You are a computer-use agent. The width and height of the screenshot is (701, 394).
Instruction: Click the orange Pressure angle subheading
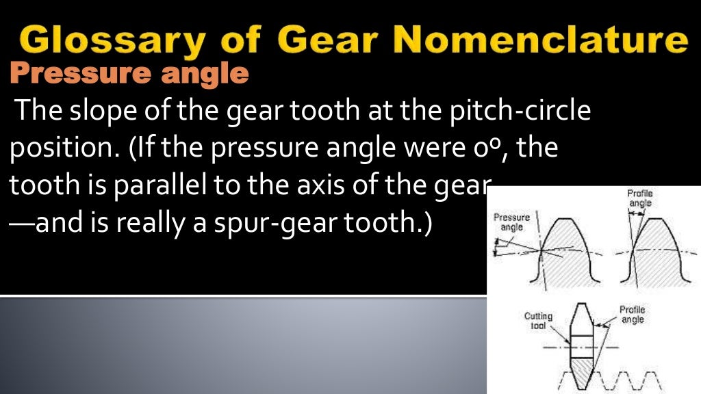coord(129,73)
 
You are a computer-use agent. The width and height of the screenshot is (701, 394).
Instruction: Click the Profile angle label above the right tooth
coord(640,198)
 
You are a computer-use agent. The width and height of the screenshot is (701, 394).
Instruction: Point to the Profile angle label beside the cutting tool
coord(632,315)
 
